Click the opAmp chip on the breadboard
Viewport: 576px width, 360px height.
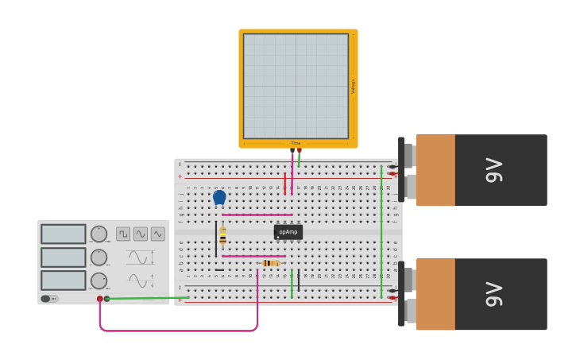click(288, 232)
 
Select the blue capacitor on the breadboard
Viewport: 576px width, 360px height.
click(219, 196)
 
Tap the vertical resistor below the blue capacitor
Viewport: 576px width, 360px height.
click(222, 236)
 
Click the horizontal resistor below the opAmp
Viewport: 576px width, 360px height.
click(269, 263)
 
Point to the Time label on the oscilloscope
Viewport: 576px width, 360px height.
click(296, 144)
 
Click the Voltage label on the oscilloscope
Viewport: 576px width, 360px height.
click(354, 86)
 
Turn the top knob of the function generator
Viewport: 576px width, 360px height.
click(99, 234)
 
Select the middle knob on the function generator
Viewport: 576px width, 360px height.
click(99, 257)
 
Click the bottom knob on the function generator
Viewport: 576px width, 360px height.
click(99, 281)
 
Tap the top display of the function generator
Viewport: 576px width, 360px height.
click(64, 234)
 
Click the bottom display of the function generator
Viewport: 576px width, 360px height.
click(64, 281)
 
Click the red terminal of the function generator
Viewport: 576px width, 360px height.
click(100, 299)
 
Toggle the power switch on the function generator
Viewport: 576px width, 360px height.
click(49, 299)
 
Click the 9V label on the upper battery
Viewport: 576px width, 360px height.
click(494, 170)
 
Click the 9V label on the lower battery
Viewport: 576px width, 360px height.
click(494, 294)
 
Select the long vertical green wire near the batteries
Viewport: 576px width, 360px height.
click(381, 230)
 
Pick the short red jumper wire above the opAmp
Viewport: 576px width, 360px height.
click(284, 184)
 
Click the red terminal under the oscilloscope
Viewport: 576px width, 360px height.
click(300, 150)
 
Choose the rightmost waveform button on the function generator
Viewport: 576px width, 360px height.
click(158, 234)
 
